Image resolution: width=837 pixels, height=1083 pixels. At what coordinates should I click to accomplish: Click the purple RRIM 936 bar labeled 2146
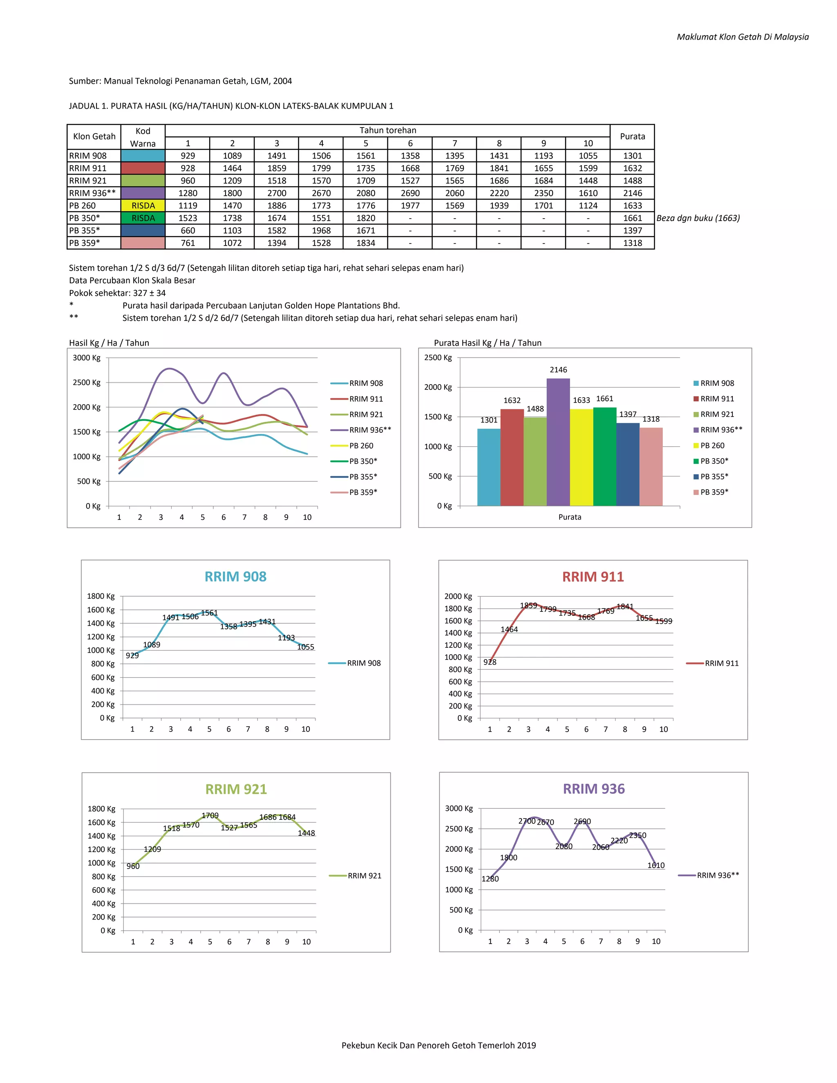point(558,442)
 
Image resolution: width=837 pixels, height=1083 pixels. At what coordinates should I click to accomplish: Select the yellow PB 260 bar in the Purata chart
point(581,457)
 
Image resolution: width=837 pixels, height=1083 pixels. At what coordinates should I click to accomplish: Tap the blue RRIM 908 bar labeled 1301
point(488,467)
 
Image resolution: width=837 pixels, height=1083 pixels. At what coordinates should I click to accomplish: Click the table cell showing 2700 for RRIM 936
point(277,193)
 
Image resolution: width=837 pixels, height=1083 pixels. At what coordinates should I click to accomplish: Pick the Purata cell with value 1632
point(632,168)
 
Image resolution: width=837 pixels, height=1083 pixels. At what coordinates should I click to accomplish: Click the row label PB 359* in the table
point(85,243)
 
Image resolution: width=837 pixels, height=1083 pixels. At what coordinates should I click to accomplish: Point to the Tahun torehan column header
point(387,130)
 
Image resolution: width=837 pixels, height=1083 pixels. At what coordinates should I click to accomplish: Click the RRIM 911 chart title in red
point(593,577)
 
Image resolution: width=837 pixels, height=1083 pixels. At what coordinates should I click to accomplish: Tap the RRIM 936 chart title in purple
point(593,789)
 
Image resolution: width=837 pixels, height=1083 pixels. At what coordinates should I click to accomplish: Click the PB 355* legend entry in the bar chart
point(714,477)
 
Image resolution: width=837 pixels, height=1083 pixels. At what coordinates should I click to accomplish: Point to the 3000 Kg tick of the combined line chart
point(87,358)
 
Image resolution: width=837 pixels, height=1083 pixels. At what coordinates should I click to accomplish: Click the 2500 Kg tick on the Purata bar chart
point(438,358)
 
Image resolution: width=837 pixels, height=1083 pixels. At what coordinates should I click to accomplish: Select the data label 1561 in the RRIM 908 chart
point(209,613)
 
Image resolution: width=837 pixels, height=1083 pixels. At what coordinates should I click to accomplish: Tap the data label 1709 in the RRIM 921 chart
point(210,816)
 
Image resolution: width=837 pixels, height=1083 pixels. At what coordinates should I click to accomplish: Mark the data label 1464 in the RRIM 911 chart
point(509,629)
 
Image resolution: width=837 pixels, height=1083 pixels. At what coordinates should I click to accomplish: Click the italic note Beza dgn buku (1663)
point(698,218)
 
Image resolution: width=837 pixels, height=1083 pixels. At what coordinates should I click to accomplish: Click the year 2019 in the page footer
point(526,1045)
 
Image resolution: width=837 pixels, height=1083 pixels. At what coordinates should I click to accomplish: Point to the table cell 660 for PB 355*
point(188,230)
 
